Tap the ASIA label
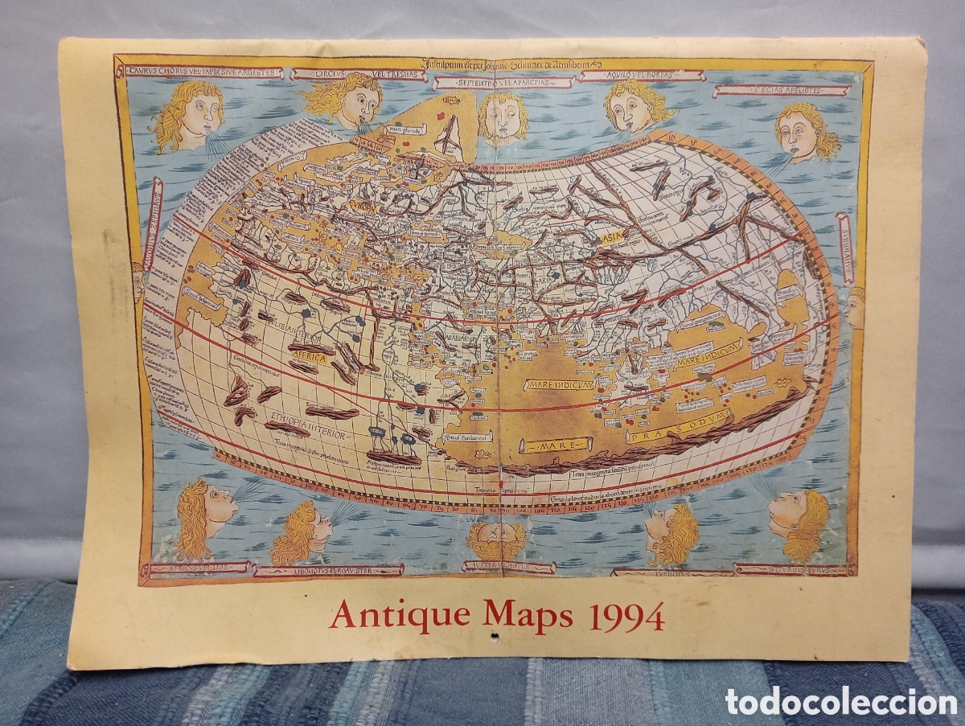point(612,237)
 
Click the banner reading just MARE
point(555,444)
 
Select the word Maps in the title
point(528,615)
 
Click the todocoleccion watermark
point(840,701)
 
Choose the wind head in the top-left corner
point(188,117)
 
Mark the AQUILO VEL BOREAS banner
point(641,76)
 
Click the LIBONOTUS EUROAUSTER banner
point(328,571)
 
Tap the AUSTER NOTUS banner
point(508,567)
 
